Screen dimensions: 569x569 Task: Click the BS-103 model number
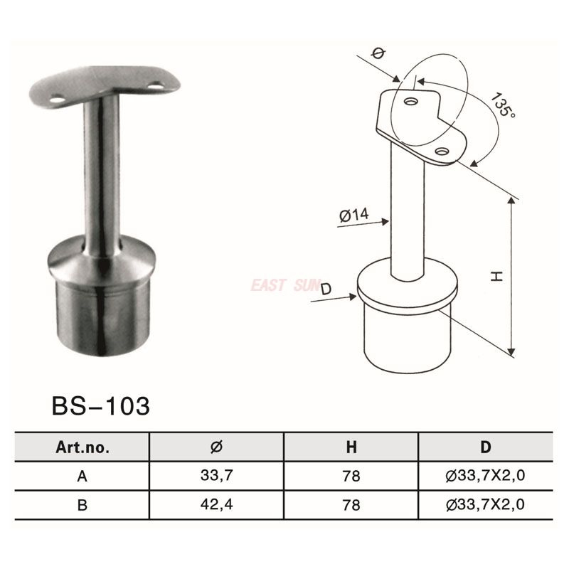[101, 406]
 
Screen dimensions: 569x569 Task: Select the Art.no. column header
[82, 447]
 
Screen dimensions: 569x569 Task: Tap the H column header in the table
[351, 447]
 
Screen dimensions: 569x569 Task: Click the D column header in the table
[485, 447]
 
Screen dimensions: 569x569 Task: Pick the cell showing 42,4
[217, 506]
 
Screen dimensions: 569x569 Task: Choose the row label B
[82, 506]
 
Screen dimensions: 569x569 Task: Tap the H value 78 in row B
[351, 506]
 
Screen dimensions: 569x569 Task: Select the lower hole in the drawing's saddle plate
[442, 151]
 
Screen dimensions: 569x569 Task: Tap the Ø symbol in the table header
[217, 447]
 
